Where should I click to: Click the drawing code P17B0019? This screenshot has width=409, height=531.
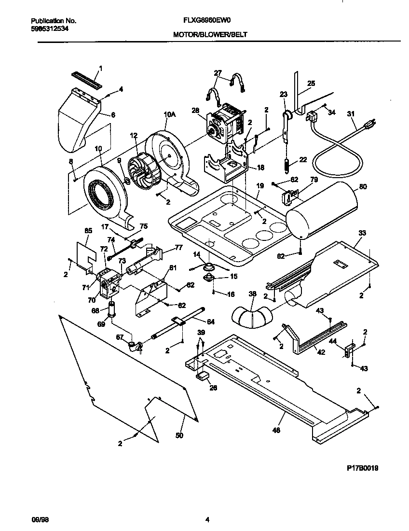tap(362, 468)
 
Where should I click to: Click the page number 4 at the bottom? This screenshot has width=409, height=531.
tap(207, 520)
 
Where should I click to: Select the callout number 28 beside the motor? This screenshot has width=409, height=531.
tap(195, 111)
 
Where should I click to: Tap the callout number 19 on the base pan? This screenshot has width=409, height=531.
tap(260, 185)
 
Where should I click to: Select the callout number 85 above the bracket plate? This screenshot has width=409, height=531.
tap(88, 230)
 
